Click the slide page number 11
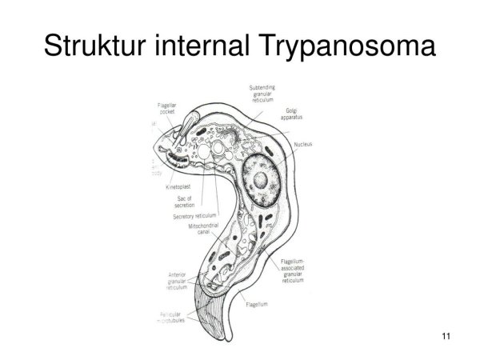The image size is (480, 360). (446, 336)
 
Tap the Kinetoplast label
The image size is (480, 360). (178, 186)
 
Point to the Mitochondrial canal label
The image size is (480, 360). (205, 231)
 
